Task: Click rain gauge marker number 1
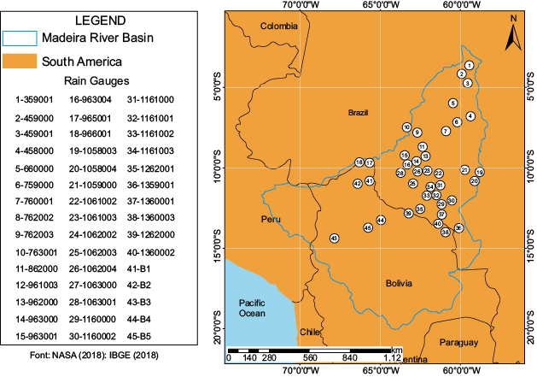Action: click(x=469, y=66)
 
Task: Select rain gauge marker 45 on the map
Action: click(x=368, y=228)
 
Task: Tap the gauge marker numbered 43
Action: click(x=334, y=238)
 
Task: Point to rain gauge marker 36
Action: click(x=458, y=228)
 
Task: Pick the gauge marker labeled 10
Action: click(x=407, y=127)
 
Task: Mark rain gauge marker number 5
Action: click(x=452, y=103)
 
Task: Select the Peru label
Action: click(x=271, y=220)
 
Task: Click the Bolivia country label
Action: click(x=398, y=283)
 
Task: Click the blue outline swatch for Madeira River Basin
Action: click(x=32, y=38)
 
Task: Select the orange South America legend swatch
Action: click(x=32, y=62)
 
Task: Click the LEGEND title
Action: click(x=101, y=19)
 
